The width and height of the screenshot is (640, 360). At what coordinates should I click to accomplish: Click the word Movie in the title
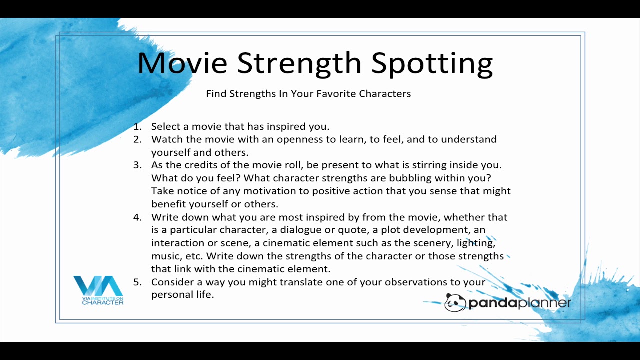182,63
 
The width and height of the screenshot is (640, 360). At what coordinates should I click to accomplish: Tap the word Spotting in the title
432,64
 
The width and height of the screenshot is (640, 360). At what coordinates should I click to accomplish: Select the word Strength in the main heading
299,64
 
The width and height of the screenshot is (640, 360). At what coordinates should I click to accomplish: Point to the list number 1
137,126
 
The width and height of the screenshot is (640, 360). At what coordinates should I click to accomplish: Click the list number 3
137,165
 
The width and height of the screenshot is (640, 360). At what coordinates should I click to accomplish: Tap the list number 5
137,282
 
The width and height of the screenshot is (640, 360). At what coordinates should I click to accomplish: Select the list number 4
137,217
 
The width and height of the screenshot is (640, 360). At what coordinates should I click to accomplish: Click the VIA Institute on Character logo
98,290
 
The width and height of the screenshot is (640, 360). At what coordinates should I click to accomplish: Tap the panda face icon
455,302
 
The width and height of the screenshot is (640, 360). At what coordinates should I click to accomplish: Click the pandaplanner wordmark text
520,303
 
